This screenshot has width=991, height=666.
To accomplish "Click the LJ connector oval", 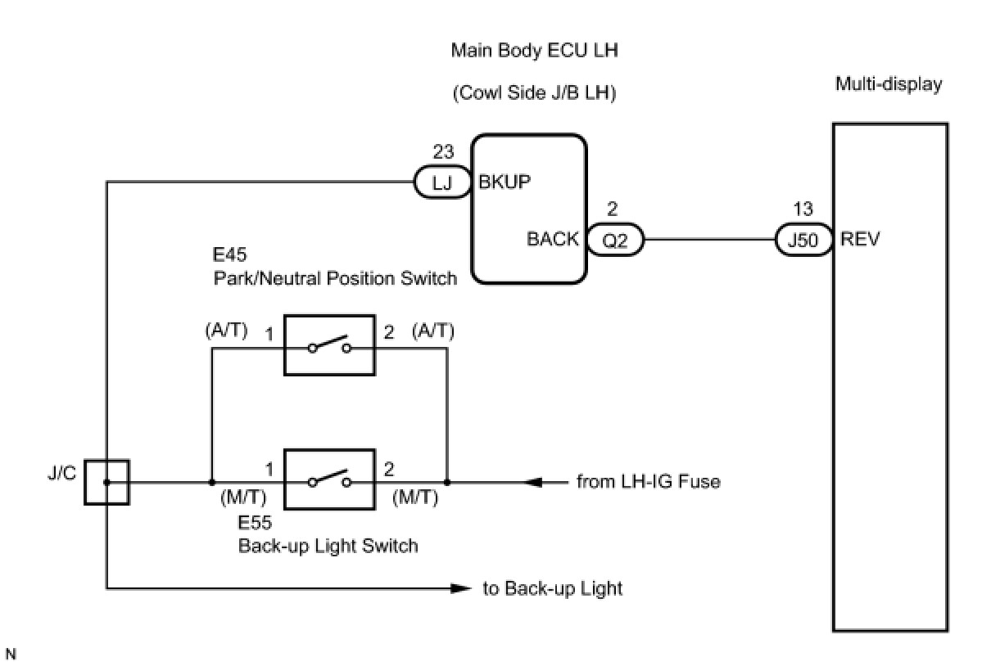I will point(442,182).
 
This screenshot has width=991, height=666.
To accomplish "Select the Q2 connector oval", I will point(615,241).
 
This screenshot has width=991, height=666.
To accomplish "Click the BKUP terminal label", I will point(505,182).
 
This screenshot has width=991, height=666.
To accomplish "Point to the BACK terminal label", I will point(553,241).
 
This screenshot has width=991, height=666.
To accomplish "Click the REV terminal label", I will point(860,241).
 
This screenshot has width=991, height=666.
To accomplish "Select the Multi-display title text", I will point(889,84).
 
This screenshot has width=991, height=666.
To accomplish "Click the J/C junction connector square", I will point(107,482).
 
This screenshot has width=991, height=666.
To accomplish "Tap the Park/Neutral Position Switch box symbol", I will point(329,345).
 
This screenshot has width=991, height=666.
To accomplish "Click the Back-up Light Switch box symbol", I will point(329,479).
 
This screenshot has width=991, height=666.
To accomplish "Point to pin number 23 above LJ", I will point(442,152).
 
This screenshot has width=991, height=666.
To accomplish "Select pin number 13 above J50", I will point(803,210).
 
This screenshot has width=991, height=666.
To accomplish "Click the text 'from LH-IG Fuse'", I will point(649,482).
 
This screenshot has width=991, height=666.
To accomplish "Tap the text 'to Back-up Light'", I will point(553,588).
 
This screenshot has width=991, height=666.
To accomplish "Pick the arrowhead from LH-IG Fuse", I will point(533,482).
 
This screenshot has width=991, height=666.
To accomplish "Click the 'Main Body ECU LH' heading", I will point(535,51).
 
